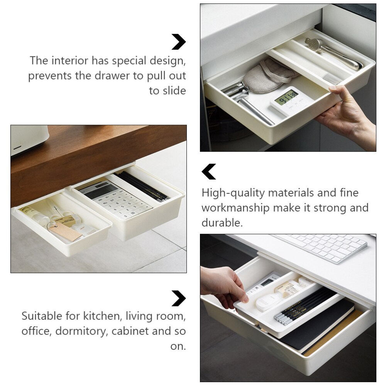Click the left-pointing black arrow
pyautogui.click(x=209, y=172)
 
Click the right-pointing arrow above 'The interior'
pyautogui.click(x=178, y=42)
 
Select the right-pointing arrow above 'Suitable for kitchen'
pyautogui.click(x=178, y=298)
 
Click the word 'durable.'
pyautogui.click(x=222, y=223)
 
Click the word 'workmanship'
pyautogui.click(x=235, y=208)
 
